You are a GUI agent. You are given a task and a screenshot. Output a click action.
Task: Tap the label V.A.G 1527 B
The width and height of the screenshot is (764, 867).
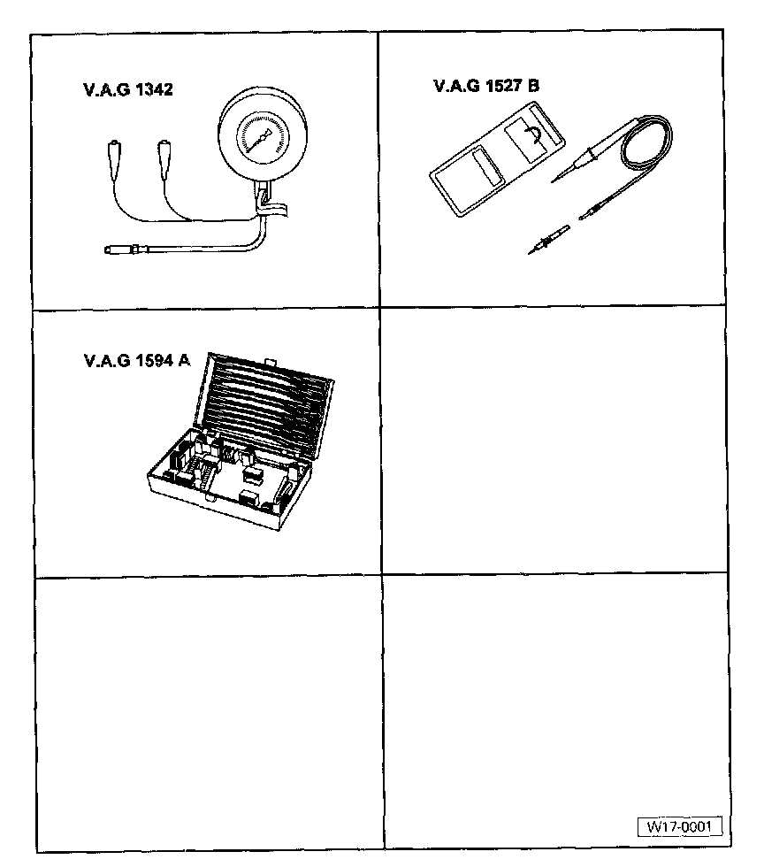(x=486, y=87)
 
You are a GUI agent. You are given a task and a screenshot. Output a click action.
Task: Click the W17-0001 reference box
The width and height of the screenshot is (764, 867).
(x=680, y=825)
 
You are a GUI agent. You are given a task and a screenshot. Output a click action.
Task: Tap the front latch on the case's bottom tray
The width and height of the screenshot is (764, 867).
(x=210, y=498)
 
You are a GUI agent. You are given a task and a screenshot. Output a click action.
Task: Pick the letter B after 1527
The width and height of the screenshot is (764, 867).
(x=533, y=87)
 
